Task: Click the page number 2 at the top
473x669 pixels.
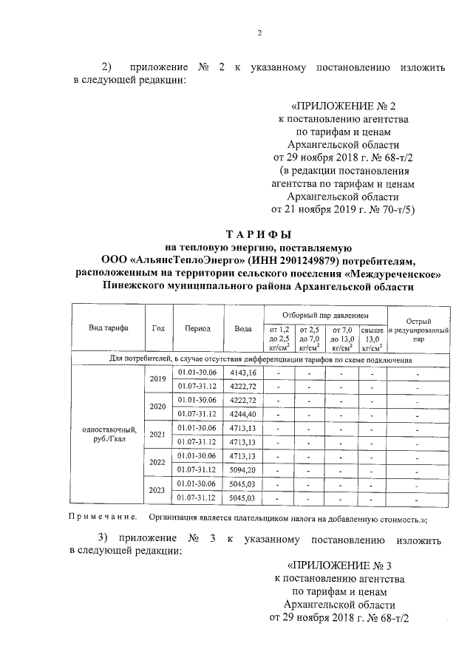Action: coord(259,33)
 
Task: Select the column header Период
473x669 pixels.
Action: coord(198,328)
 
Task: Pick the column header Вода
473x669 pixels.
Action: coord(242,328)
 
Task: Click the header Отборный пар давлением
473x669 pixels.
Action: coord(324,316)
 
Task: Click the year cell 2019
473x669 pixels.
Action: coord(158,378)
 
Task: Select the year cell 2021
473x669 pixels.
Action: coord(158,435)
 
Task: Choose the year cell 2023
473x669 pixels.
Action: coord(158,489)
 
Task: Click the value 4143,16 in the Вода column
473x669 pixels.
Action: coord(242,372)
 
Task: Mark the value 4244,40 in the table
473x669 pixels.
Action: coord(242,413)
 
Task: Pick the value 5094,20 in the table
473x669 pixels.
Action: coord(242,469)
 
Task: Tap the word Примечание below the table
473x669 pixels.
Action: coord(103,517)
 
